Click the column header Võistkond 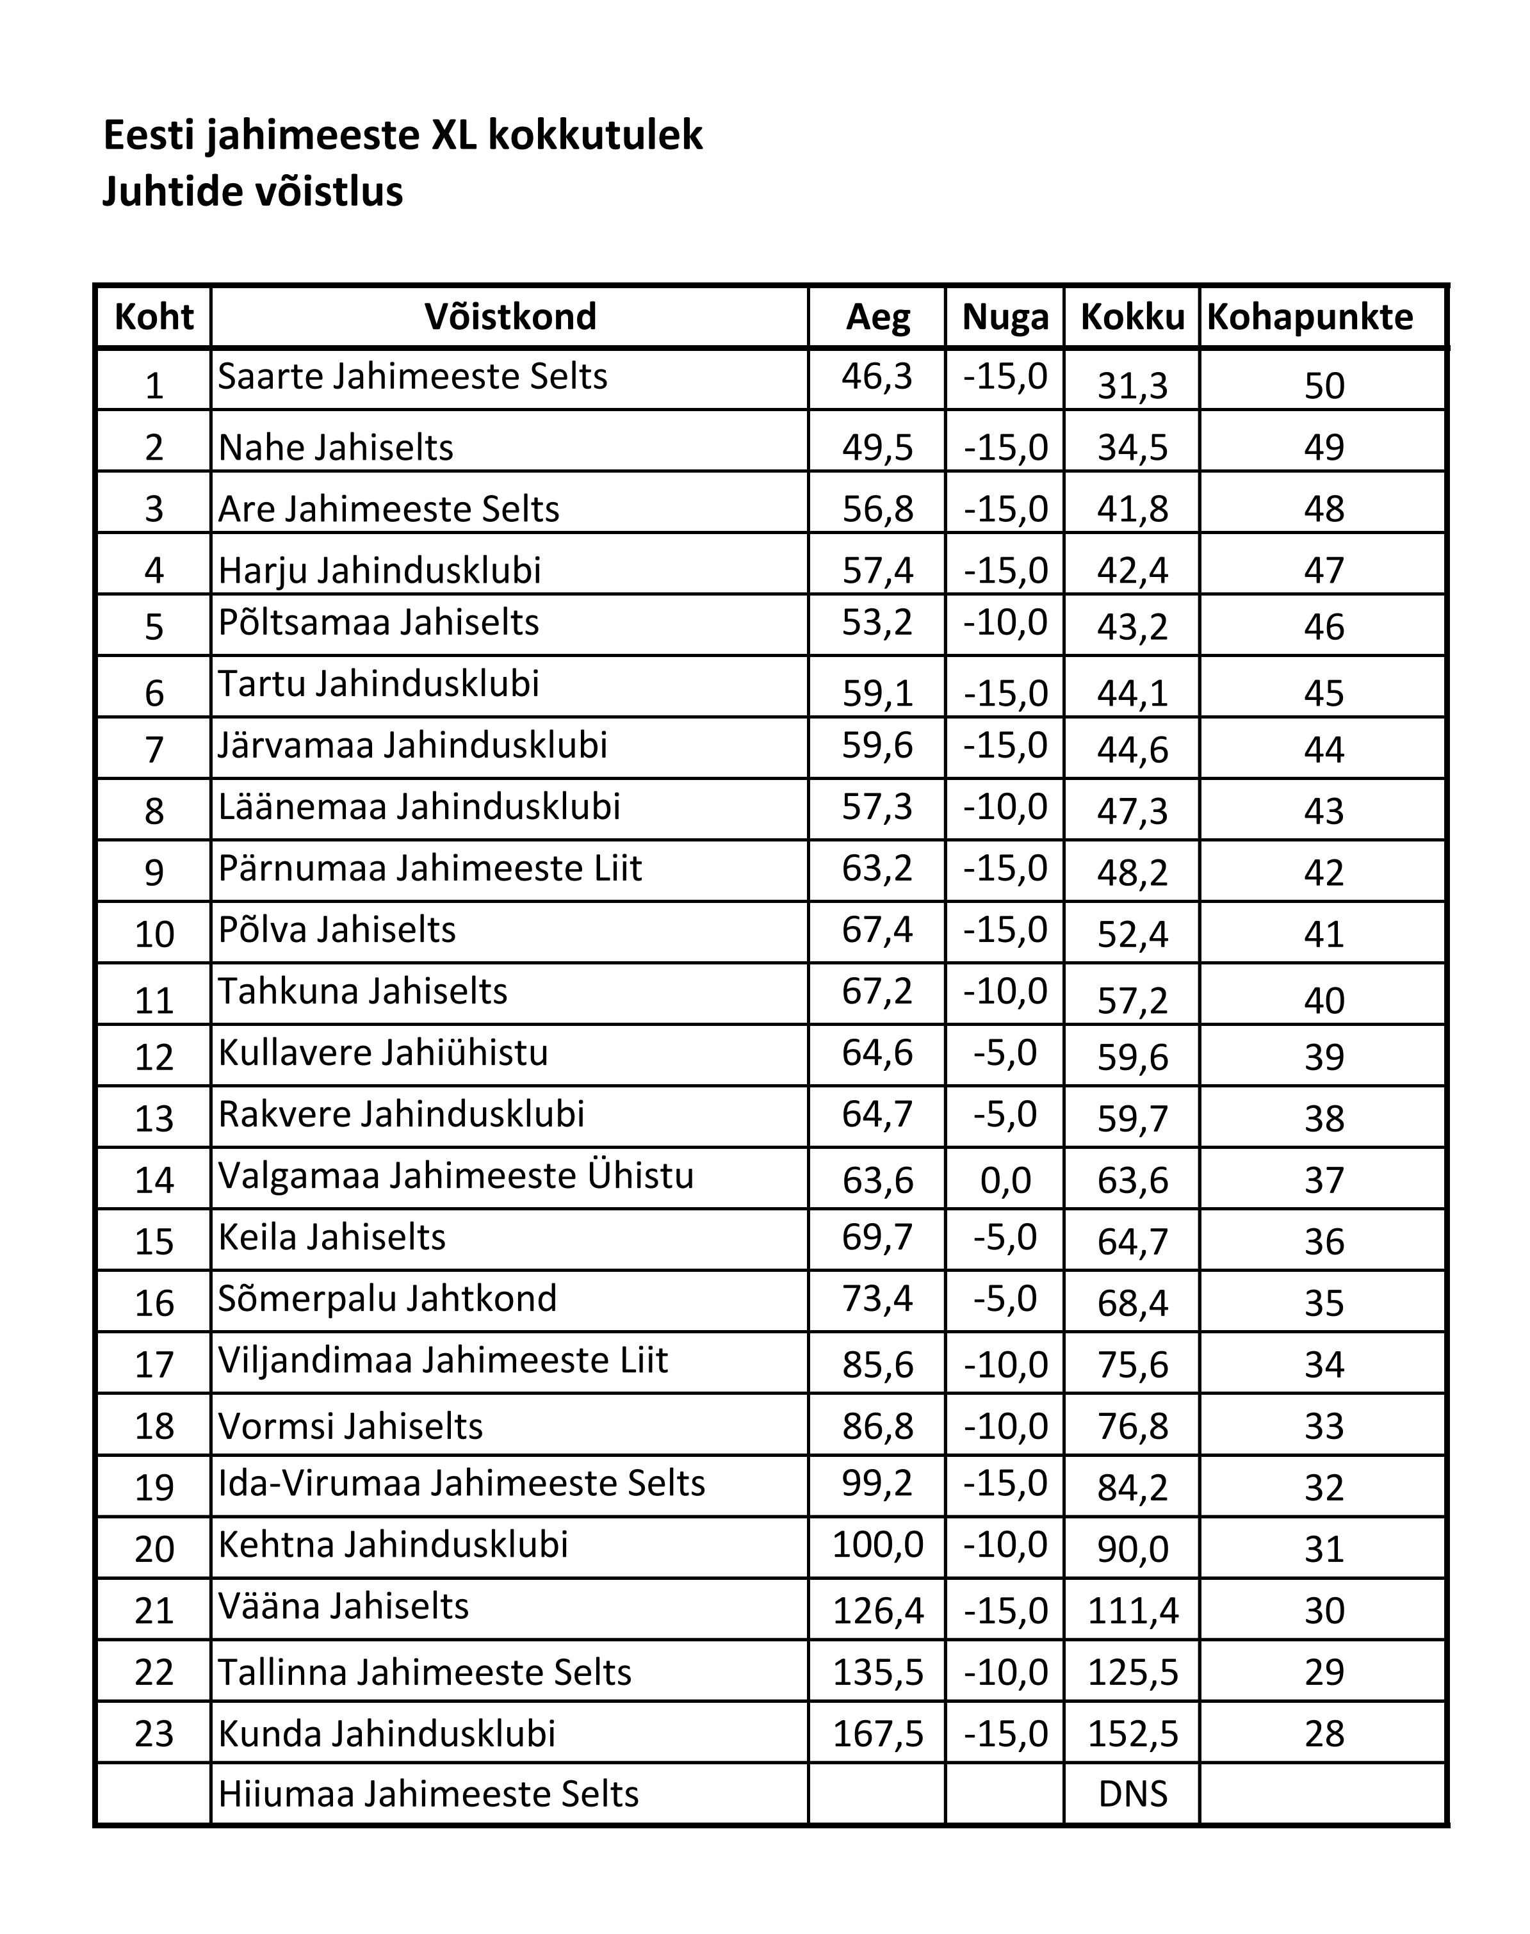pyautogui.click(x=510, y=317)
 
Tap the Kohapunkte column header pyautogui.click(x=1310, y=317)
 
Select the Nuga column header pyautogui.click(x=1005, y=317)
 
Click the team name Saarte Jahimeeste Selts pyautogui.click(x=412, y=376)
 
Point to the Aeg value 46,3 pyautogui.click(x=877, y=376)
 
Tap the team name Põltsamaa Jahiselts pyautogui.click(x=378, y=622)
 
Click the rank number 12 pyautogui.click(x=154, y=1057)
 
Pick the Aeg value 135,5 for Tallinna pyautogui.click(x=877, y=1671)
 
